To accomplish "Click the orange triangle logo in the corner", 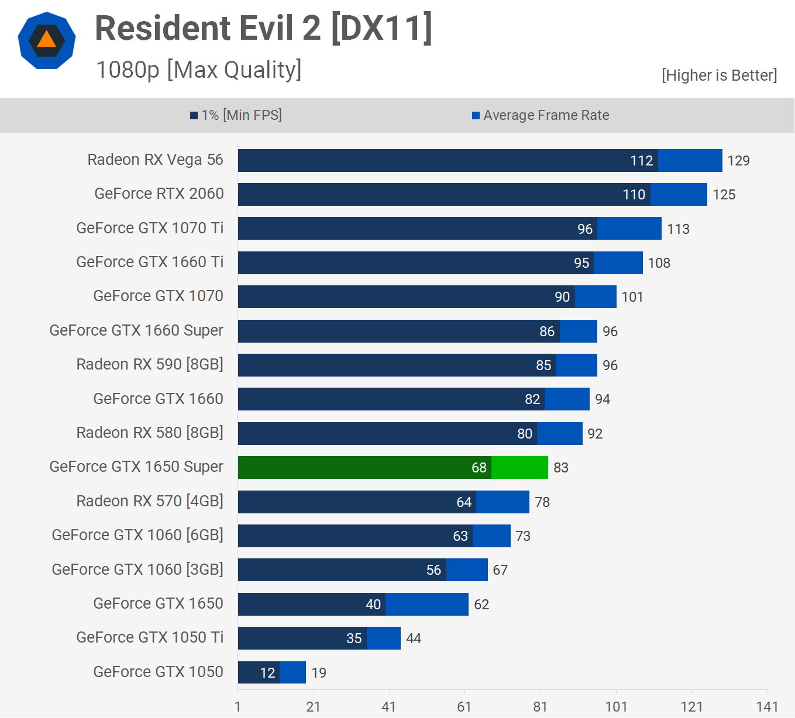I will coord(47,40).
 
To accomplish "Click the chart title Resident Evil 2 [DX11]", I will coord(263,28).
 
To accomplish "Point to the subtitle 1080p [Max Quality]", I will coord(198,70).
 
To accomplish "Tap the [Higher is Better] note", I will coord(719,75).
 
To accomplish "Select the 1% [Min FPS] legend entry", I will coord(236,115).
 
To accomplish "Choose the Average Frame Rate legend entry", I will coord(541,115).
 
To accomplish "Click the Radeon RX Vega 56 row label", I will coord(155,160).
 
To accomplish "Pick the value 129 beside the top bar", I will coord(738,161).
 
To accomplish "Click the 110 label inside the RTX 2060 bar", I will coord(634,195).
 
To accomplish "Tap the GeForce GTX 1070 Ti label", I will coord(150,228).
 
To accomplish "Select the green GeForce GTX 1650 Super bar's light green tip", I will coord(519,468).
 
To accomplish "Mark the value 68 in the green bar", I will coord(479,468).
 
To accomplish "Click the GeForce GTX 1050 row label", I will coord(158,672).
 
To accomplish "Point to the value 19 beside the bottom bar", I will coord(319,673).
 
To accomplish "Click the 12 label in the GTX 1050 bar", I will coord(267,673).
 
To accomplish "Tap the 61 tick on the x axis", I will coord(464,707).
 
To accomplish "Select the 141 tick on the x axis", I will coord(767,707).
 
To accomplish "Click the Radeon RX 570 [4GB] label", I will coord(150,501).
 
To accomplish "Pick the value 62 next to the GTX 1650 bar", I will coord(481,605).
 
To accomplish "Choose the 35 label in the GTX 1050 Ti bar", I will coord(354,638).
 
